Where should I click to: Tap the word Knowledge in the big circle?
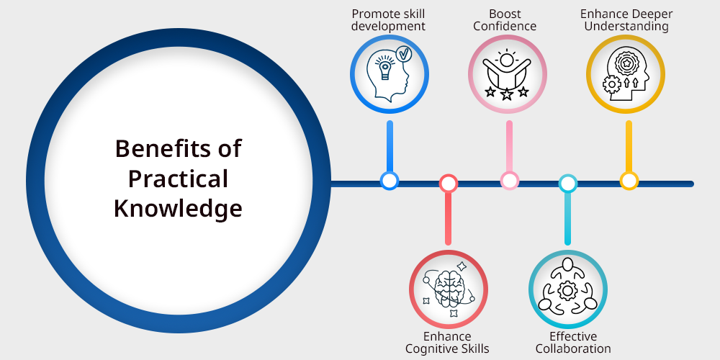[178, 208]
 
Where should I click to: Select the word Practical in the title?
[178, 179]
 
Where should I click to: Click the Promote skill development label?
[390, 20]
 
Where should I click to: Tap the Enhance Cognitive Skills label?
[447, 342]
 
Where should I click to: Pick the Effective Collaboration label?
[568, 342]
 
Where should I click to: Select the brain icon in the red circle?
[448, 289]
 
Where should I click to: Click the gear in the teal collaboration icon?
[567, 291]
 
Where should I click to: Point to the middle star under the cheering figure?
[507, 94]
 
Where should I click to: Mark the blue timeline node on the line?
[390, 180]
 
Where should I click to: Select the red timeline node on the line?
[449, 184]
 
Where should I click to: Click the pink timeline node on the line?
[509, 180]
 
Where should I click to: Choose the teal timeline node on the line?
[568, 184]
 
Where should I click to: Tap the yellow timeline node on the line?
[629, 180]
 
